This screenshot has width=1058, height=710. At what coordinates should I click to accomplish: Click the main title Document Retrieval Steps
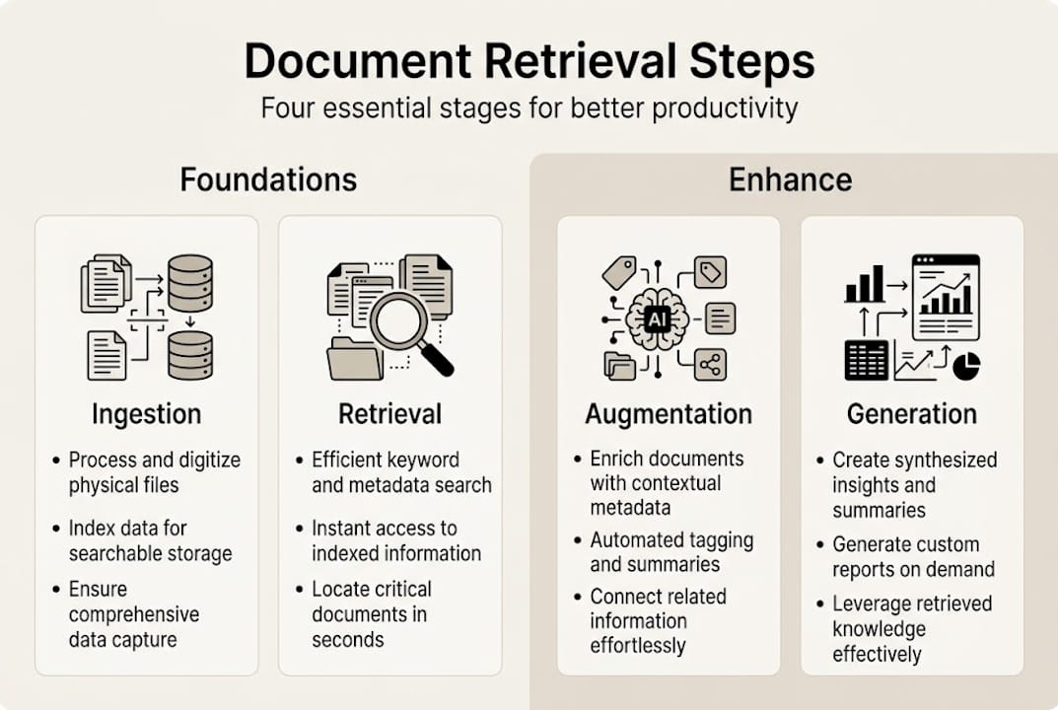[529, 61]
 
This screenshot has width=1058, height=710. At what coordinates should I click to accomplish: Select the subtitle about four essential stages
[529, 106]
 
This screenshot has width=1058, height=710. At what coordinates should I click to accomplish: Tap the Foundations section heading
[268, 179]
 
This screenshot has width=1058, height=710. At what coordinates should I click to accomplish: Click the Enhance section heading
[790, 179]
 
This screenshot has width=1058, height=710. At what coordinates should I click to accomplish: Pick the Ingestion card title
[146, 414]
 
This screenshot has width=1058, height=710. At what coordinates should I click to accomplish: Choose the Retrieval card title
[389, 414]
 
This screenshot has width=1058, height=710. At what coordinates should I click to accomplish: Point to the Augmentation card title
[669, 414]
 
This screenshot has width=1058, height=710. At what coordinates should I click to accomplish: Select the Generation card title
[912, 414]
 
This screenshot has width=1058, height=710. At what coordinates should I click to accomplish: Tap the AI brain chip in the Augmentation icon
[656, 318]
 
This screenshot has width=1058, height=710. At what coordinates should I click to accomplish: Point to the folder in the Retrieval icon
[355, 359]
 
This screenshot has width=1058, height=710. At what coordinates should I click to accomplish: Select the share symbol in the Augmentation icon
[710, 365]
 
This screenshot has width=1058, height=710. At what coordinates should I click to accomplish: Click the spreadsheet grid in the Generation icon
[867, 360]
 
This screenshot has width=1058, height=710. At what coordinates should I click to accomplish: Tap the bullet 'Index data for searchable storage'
[150, 540]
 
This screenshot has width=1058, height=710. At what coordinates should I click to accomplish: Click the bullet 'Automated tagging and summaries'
[671, 552]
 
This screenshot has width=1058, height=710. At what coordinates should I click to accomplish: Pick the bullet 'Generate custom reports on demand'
[913, 556]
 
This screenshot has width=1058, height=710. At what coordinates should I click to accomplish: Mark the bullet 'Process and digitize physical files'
[154, 472]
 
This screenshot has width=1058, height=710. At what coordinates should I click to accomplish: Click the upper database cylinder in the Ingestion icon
[190, 283]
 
